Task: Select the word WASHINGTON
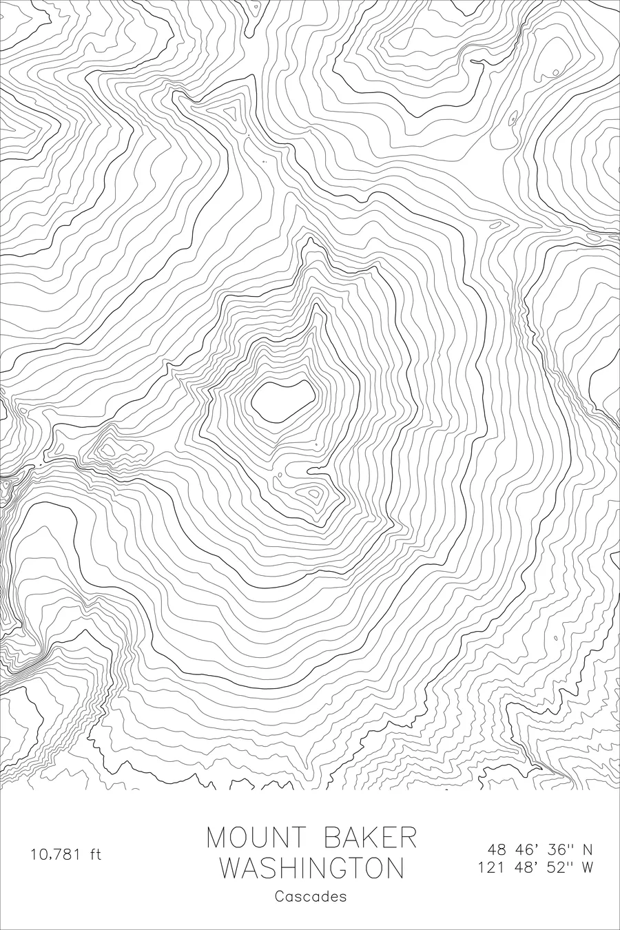tap(311, 868)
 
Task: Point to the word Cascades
tap(311, 897)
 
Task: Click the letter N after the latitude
tap(588, 849)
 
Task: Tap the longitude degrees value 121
tap(493, 867)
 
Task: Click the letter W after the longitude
tap(588, 867)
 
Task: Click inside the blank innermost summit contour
tap(282, 402)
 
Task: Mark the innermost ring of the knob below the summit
tap(314, 493)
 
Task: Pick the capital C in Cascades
tap(279, 897)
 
